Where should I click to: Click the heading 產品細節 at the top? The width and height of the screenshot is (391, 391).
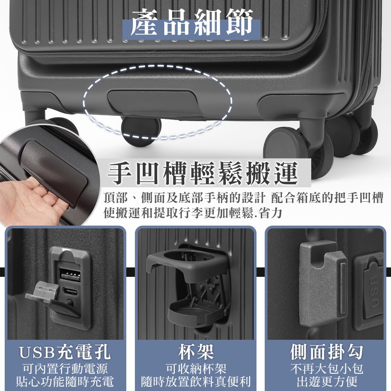point(192,22)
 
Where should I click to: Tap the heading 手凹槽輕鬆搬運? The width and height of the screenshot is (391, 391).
point(203,173)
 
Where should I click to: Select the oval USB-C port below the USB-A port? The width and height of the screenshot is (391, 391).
point(70,291)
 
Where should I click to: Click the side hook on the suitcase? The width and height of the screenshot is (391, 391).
point(323,284)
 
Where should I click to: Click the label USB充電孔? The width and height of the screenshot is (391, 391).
point(65,352)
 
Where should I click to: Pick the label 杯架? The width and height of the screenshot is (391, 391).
point(196,352)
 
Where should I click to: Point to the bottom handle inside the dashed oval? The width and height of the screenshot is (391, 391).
point(152,102)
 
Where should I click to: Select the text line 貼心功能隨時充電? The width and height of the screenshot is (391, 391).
point(65,381)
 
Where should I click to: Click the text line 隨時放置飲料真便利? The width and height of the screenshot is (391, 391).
point(196,381)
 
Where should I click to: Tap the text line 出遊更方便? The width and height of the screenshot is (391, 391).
point(326,381)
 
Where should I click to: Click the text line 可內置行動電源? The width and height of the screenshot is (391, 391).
point(65,369)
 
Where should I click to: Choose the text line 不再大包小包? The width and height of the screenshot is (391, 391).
point(326,369)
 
